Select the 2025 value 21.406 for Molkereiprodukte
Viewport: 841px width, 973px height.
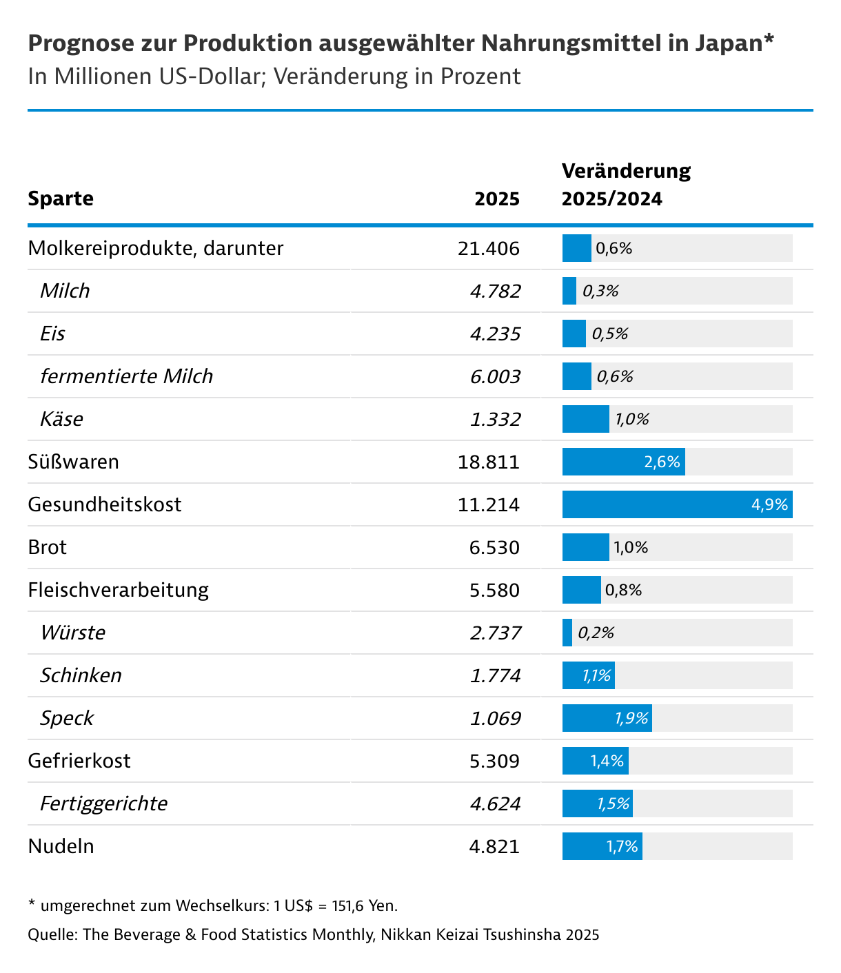point(488,248)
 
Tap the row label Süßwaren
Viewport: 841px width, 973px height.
point(73,462)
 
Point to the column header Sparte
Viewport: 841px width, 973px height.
point(61,198)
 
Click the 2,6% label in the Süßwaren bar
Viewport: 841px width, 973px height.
point(662,462)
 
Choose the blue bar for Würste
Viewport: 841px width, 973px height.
point(567,633)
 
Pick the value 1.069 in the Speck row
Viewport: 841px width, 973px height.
point(495,718)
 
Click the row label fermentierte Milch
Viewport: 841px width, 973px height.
point(126,376)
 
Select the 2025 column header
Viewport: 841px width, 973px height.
point(497,198)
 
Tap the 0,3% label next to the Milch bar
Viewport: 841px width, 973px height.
point(600,291)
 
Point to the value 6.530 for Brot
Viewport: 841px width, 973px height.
point(494,547)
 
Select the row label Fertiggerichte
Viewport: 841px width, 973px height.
point(103,803)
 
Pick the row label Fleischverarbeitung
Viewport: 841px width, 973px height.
point(118,590)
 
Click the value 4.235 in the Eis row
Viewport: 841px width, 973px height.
point(495,334)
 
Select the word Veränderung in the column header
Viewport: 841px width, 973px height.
point(626,171)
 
